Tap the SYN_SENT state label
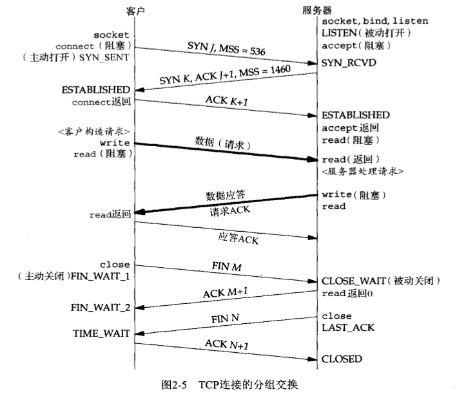(109, 58)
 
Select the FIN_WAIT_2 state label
(100, 307)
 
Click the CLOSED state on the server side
(342, 358)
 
